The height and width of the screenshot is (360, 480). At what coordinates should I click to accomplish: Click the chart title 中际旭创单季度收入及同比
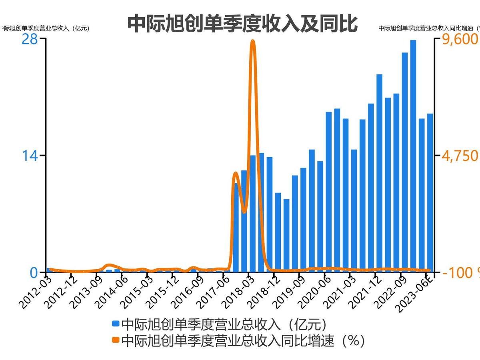(x=242, y=24)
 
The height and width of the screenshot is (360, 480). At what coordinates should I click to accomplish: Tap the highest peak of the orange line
(x=252, y=41)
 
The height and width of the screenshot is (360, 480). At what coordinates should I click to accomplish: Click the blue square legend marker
(x=116, y=323)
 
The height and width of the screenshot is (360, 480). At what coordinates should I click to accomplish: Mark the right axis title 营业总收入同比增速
(x=428, y=28)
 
